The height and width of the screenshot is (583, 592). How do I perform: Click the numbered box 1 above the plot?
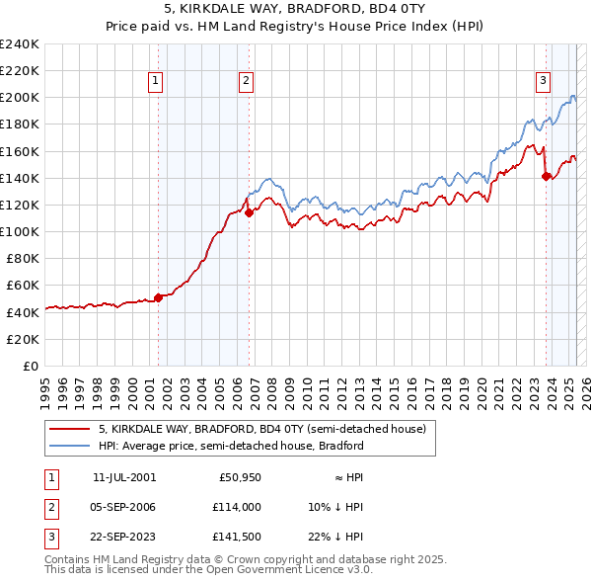(x=157, y=82)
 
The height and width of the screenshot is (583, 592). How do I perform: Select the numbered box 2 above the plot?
(x=246, y=82)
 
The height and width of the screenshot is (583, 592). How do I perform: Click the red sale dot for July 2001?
(x=158, y=296)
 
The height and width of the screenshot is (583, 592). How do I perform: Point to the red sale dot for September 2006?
(x=249, y=212)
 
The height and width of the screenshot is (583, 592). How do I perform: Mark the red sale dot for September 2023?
(x=546, y=176)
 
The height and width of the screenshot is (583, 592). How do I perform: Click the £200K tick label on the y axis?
(x=20, y=98)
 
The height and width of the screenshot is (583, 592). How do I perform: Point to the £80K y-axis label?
(x=23, y=258)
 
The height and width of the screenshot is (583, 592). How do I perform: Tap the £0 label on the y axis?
(x=31, y=366)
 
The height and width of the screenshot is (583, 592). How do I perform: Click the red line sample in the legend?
(x=69, y=429)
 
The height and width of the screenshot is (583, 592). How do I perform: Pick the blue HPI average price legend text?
(x=231, y=446)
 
